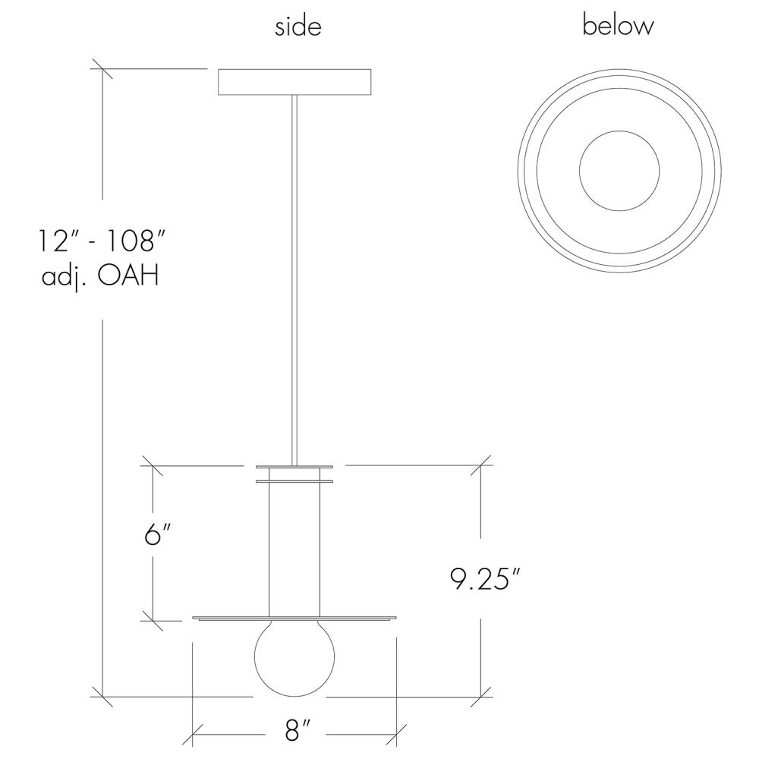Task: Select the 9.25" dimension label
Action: (486, 578)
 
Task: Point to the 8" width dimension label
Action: (296, 730)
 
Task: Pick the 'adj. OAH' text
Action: (101, 277)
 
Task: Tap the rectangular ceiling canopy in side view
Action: (294, 82)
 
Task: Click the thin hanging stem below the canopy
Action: (294, 280)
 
